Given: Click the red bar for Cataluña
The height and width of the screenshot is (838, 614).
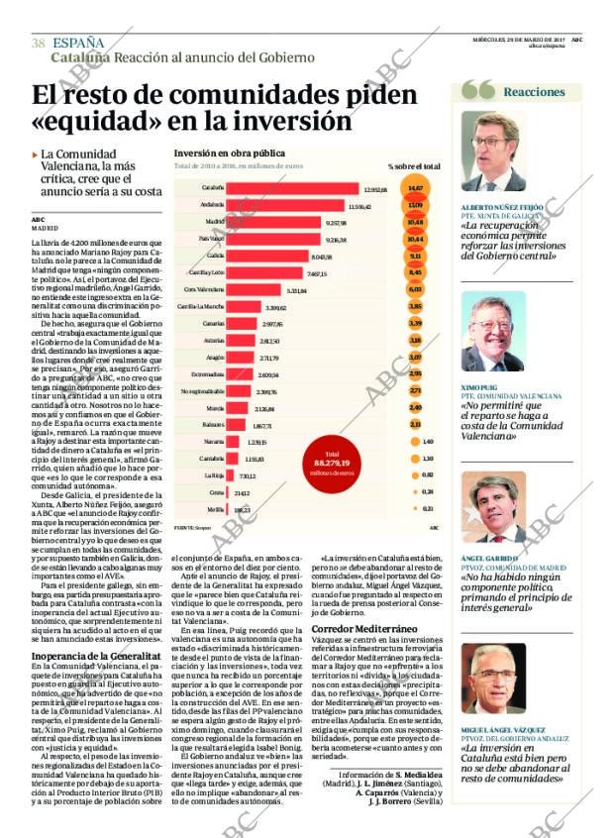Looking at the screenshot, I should [x=292, y=188].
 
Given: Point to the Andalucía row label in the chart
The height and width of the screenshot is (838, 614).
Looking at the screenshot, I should [x=211, y=205].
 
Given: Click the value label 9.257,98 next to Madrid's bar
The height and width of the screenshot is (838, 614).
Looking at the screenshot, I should [x=336, y=222].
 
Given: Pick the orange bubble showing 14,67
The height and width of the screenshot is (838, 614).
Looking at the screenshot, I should [x=415, y=188].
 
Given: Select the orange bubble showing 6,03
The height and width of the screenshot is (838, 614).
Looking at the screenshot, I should [x=415, y=289].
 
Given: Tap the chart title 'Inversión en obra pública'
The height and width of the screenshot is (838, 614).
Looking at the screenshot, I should [x=229, y=154].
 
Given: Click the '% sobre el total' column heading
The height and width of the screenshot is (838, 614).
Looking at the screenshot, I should [x=414, y=166].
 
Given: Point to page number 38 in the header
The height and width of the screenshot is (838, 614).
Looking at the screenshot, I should [x=39, y=43].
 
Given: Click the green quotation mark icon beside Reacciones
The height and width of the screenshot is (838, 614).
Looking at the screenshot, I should [x=478, y=90].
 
